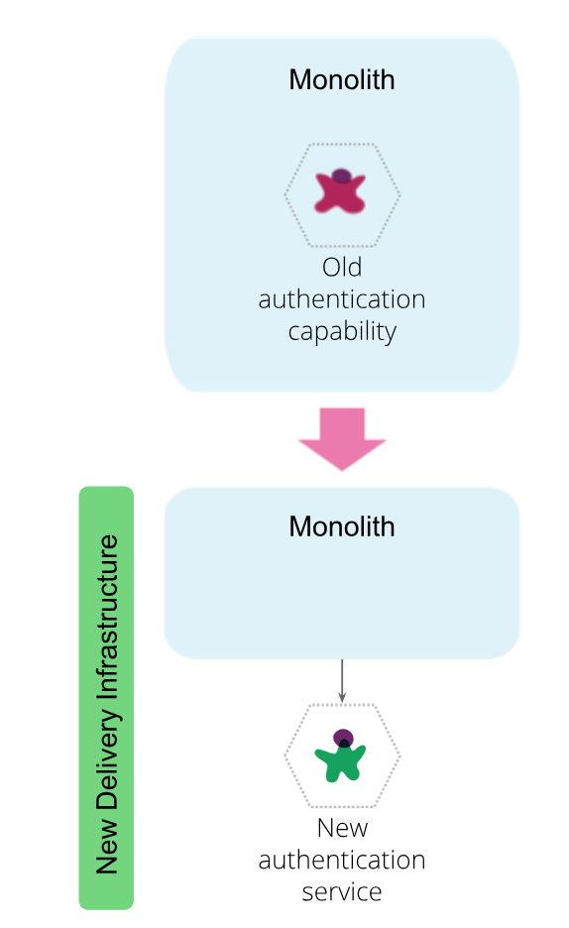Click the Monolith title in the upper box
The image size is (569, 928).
[342, 80]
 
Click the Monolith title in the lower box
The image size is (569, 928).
[342, 526]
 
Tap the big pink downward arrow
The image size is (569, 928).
[342, 438]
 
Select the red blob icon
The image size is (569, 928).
[340, 191]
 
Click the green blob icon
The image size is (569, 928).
[341, 756]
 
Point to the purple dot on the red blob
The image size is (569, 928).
[341, 175]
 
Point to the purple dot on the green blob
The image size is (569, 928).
[343, 738]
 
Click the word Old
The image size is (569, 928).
[342, 268]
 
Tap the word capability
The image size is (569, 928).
[342, 332]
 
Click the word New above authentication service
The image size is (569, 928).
[342, 828]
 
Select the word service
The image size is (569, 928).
[342, 892]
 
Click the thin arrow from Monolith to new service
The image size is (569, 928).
[342, 680]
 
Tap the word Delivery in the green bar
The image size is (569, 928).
[107, 759]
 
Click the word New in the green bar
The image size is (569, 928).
[107, 847]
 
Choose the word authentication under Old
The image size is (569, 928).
[342, 299]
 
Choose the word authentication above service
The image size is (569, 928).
[342, 860]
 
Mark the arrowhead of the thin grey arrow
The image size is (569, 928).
[342, 697]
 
